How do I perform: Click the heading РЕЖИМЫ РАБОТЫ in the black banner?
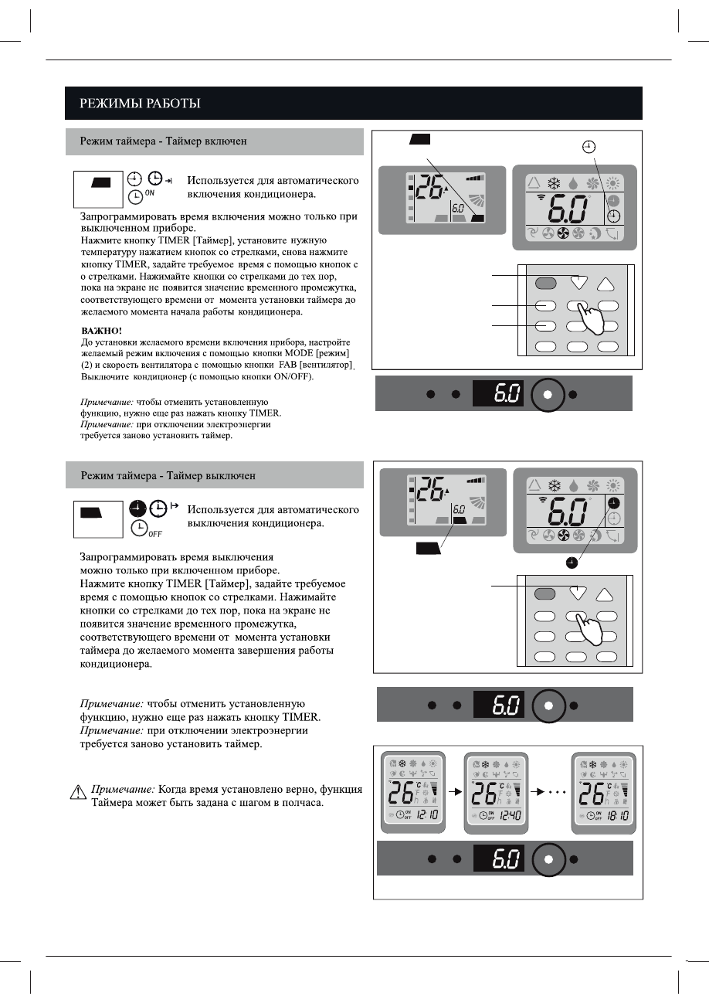coord(141,104)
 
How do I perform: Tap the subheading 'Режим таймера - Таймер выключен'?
coord(168,474)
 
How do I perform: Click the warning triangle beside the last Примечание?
coord(77,791)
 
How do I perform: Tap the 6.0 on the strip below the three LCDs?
coord(508,859)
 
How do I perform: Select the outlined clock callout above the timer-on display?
coord(589,146)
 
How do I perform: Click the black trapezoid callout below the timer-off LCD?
coord(426,549)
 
